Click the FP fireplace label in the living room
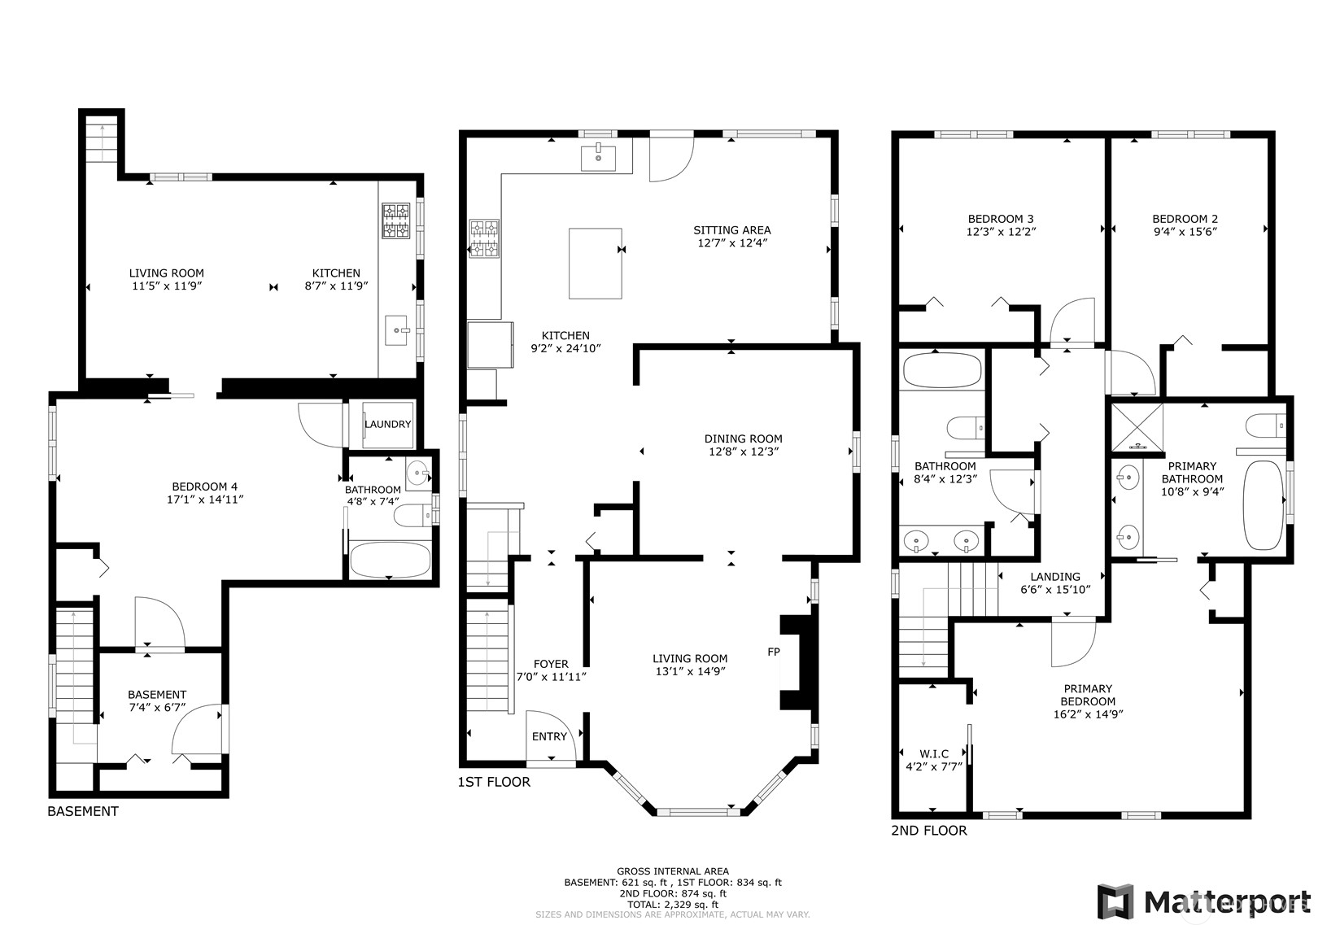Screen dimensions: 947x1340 773,652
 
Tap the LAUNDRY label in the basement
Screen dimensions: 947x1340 387,424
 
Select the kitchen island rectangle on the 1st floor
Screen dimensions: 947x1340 595,264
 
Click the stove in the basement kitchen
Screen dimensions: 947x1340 395,220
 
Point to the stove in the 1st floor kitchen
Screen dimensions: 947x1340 484,239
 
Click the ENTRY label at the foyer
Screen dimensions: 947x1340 549,736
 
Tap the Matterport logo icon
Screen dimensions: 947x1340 1115,901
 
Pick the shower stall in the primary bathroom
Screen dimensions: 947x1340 1137,425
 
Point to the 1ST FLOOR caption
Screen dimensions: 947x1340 494,782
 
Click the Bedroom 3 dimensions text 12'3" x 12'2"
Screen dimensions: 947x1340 1001,231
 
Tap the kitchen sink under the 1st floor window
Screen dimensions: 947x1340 599,159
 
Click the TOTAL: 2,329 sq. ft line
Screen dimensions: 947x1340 673,904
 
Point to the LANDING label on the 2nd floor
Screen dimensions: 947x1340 1055,577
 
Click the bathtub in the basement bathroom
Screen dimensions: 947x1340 389,559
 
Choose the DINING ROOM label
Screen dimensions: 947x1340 743,439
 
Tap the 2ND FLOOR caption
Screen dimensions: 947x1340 929,831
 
